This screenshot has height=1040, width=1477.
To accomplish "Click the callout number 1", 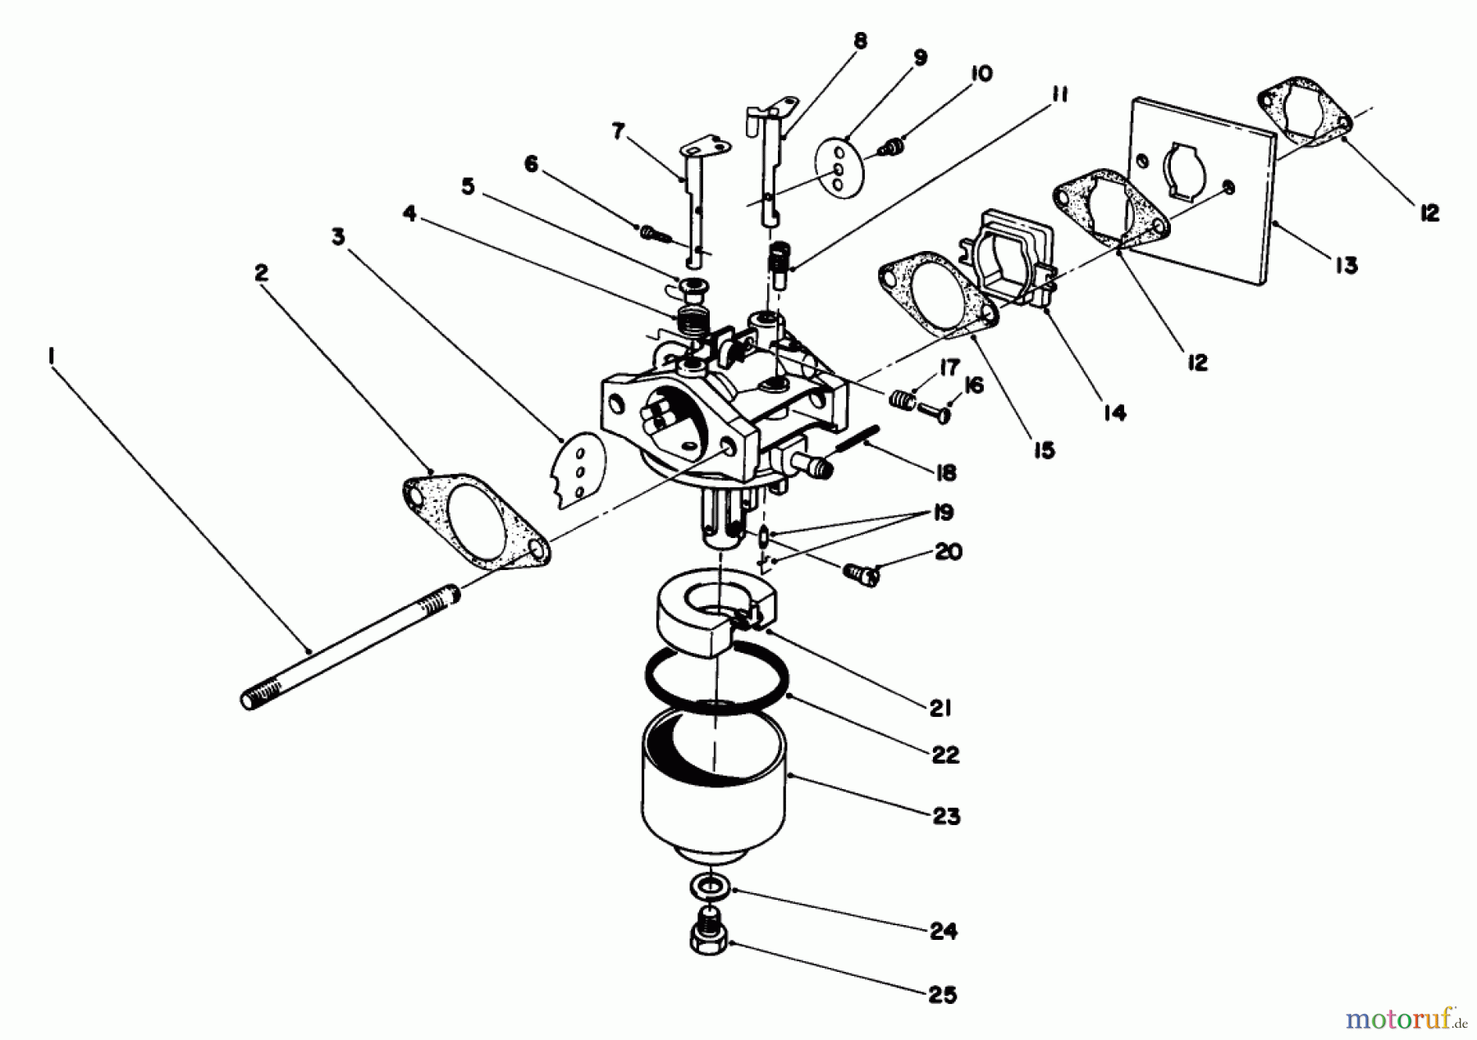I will click(x=52, y=355).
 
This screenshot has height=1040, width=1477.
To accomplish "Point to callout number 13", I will click(x=1346, y=265).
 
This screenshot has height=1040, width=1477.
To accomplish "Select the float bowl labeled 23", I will click(x=712, y=787).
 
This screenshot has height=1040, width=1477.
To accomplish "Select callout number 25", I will click(x=943, y=995).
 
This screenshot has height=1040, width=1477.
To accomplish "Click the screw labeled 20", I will click(x=861, y=574).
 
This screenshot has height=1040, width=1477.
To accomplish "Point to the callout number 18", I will click(x=945, y=472).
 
